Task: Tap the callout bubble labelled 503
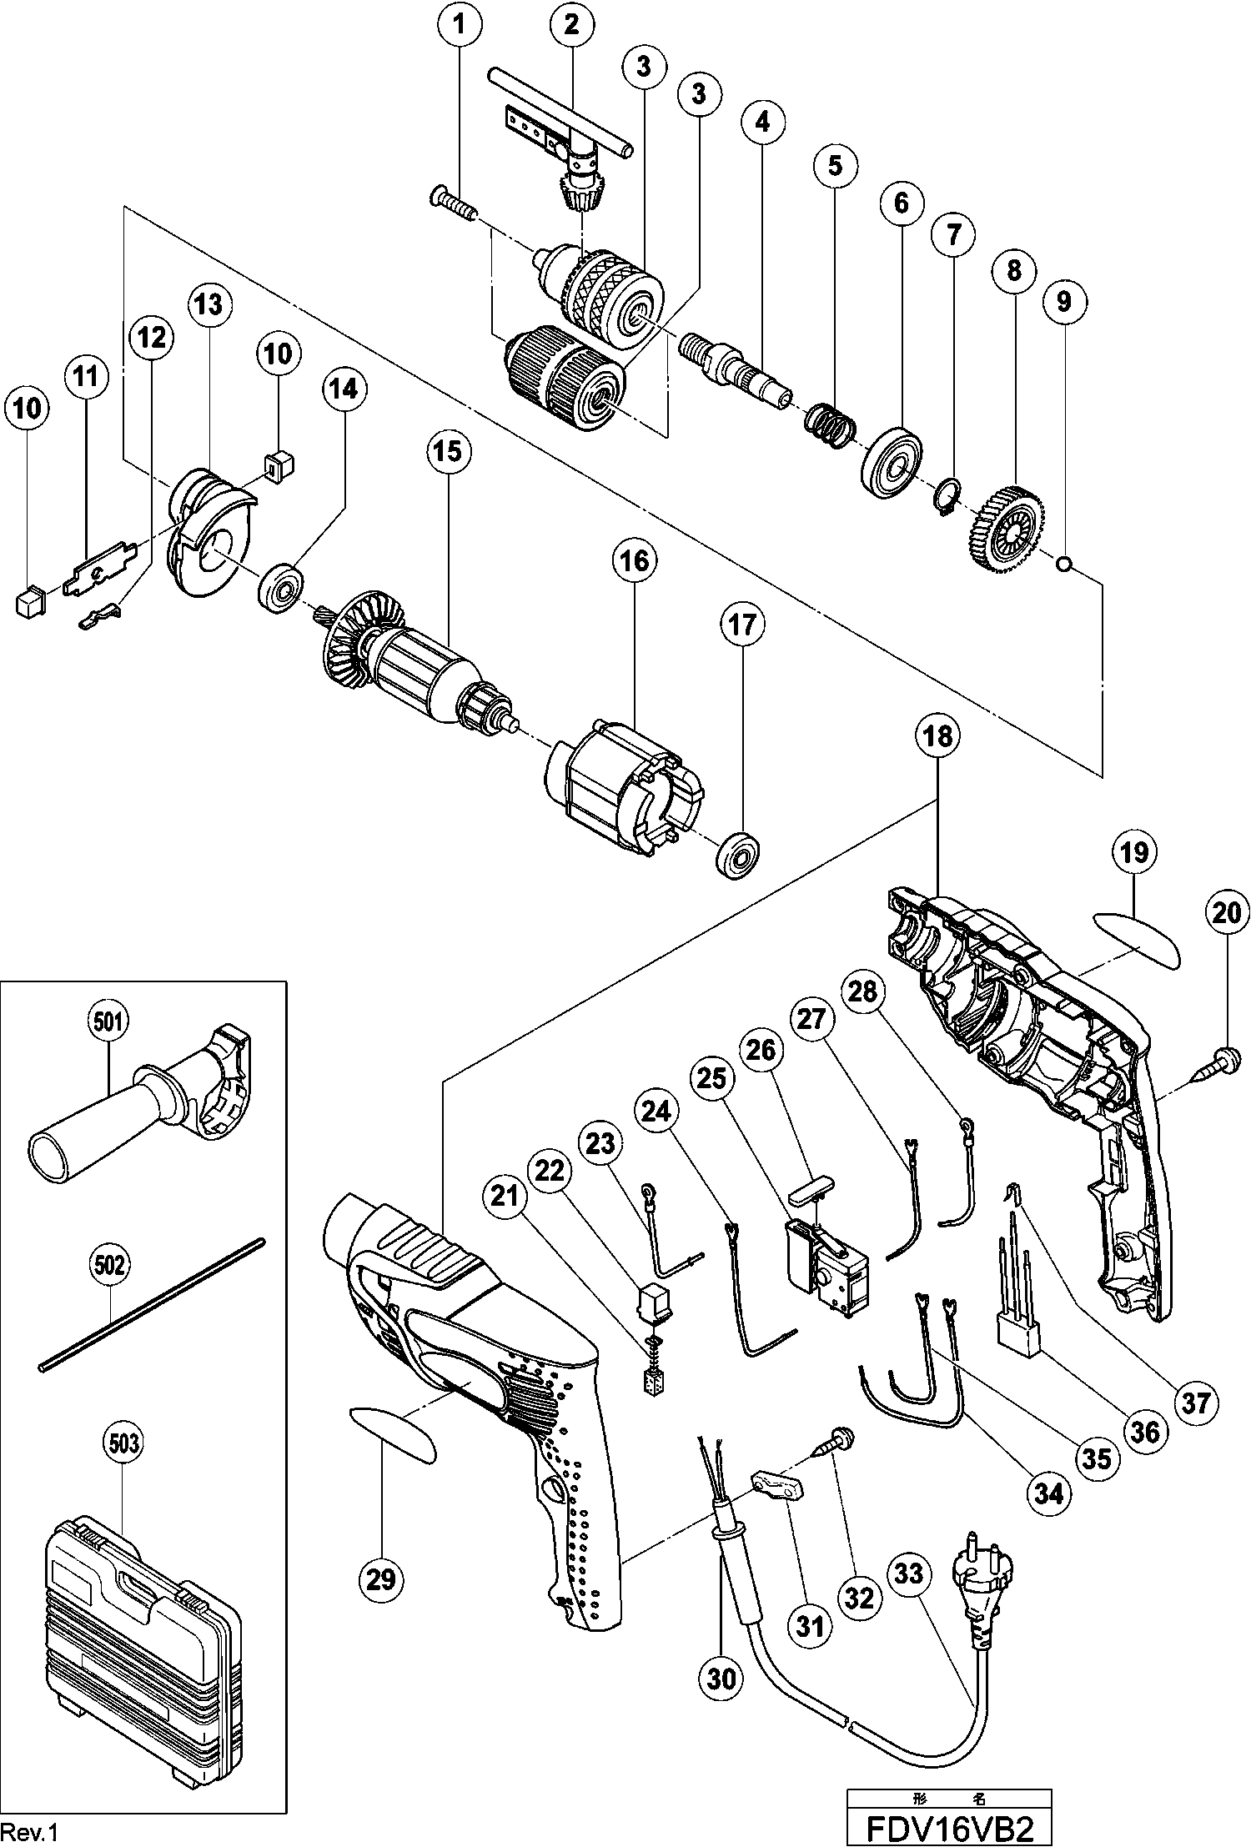click(x=123, y=1443)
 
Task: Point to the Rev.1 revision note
click(x=31, y=1830)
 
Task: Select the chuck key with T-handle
click(x=567, y=150)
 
